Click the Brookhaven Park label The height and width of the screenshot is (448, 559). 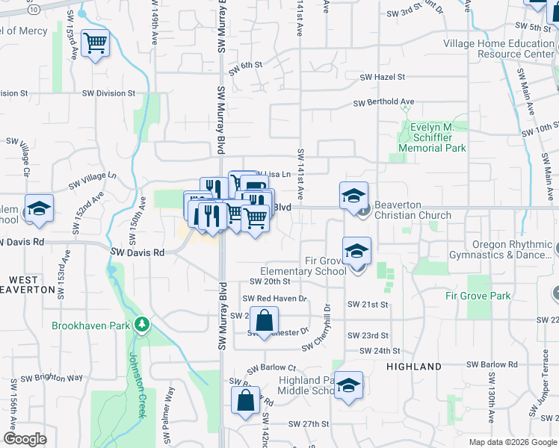click(91, 326)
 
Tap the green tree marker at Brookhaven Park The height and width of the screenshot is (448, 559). click(140, 325)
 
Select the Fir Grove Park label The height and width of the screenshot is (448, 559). click(478, 296)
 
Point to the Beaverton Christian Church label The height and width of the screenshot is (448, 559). click(413, 210)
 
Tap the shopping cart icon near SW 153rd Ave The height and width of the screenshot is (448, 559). click(95, 44)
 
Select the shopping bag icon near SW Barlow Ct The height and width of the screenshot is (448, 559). click(246, 401)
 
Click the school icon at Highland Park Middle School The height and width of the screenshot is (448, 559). click(348, 386)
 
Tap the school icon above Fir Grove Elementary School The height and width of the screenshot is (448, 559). click(357, 252)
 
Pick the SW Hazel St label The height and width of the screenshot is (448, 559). click(382, 77)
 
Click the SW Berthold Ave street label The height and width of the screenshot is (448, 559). click(383, 102)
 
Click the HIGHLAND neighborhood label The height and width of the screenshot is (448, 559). click(414, 367)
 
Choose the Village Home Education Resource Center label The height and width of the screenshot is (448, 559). click(499, 49)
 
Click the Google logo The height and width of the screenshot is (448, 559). click(25, 439)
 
